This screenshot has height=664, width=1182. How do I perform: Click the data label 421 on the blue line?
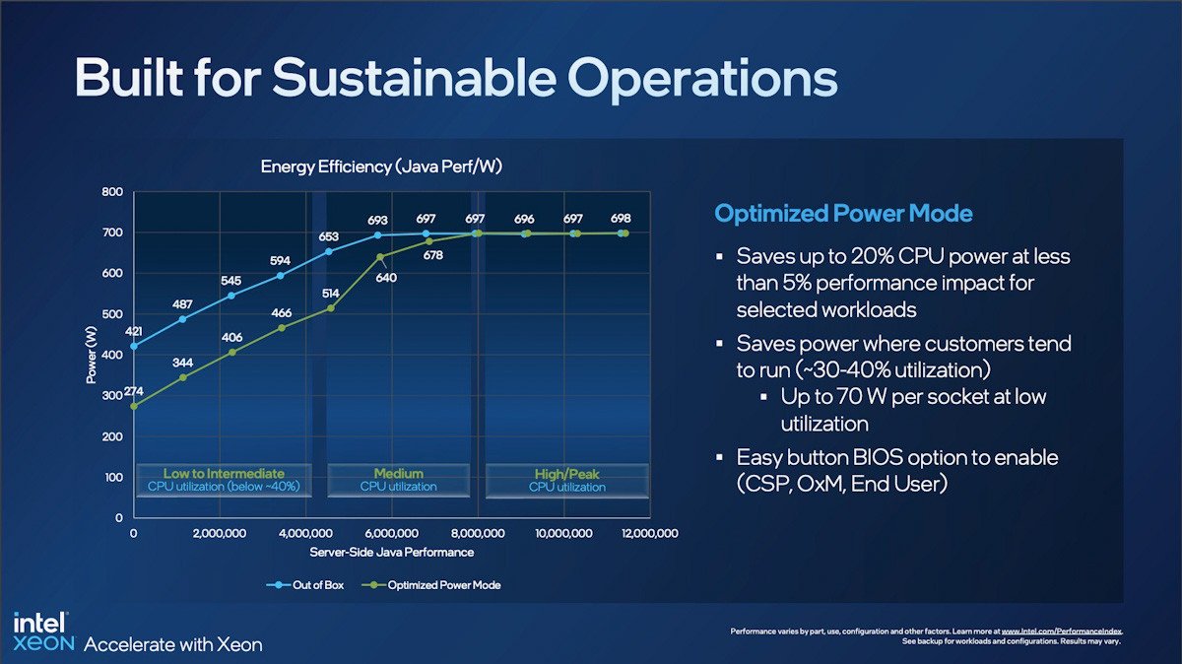click(x=133, y=331)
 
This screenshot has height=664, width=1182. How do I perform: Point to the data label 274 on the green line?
click(x=134, y=391)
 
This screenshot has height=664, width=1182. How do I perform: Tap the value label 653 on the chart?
click(x=329, y=237)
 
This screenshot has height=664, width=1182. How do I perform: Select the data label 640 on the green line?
click(x=386, y=277)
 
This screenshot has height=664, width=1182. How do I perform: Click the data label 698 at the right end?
click(x=621, y=218)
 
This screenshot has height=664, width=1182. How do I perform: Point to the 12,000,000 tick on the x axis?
click(x=646, y=533)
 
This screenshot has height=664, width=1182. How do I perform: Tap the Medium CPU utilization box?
click(x=398, y=480)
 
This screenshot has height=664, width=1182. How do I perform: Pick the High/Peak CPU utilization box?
click(x=567, y=480)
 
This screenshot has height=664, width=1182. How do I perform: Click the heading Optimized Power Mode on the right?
click(x=843, y=214)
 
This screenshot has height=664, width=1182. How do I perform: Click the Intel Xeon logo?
click(x=40, y=632)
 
